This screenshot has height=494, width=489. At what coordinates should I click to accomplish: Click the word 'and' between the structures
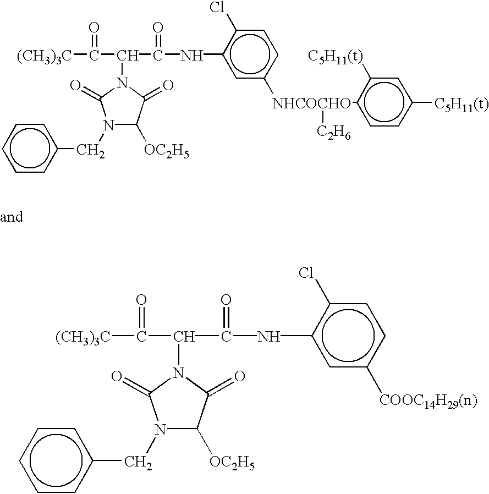pos(12,217)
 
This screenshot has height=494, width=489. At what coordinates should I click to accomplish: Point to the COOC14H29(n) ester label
pos(427,400)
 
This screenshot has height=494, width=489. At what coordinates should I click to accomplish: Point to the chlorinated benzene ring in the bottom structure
pos(349,335)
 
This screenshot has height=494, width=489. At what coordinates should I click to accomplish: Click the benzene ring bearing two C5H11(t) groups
pos(384,103)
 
